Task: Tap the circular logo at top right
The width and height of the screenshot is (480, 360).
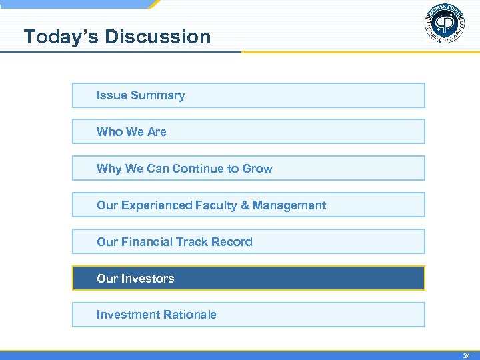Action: coord(444,24)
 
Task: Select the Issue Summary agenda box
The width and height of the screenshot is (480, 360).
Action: coord(248,95)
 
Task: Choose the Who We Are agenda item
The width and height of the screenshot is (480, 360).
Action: coord(248,132)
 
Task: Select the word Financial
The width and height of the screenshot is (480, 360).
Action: coord(147,242)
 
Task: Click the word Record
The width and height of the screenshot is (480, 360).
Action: coord(231,242)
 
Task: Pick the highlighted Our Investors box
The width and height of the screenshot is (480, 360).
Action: coord(248,279)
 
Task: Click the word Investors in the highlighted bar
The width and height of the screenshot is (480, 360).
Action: coord(147,279)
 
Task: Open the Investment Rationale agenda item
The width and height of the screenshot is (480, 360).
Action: coord(248,315)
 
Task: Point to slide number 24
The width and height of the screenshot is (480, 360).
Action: coord(467,356)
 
